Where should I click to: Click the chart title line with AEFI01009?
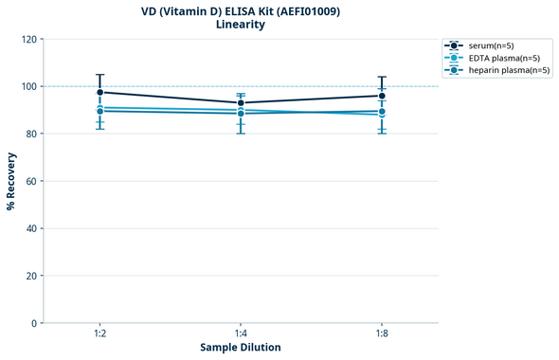[x=241, y=11]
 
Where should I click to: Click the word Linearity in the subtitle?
[x=241, y=25]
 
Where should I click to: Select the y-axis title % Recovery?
[x=12, y=181]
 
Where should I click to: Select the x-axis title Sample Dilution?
[x=241, y=348]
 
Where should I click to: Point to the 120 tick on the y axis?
[x=29, y=39]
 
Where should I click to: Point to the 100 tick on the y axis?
[x=29, y=86]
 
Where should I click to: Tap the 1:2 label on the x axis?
[x=99, y=333]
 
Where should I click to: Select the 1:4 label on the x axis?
[x=241, y=333]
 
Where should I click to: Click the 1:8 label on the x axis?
[x=382, y=333]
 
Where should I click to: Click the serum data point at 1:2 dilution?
[x=99, y=92]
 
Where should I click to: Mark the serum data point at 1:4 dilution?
[x=241, y=102]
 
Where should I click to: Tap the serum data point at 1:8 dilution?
[x=382, y=96]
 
